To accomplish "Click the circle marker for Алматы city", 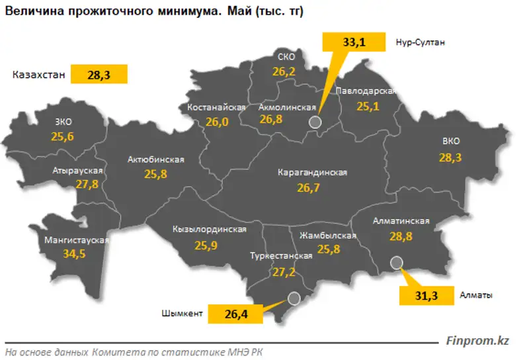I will (x=397, y=263).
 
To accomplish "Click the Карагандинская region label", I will (x=312, y=173).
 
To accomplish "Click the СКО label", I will (x=286, y=57).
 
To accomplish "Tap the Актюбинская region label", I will (x=155, y=160).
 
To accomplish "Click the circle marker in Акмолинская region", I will (x=315, y=122).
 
